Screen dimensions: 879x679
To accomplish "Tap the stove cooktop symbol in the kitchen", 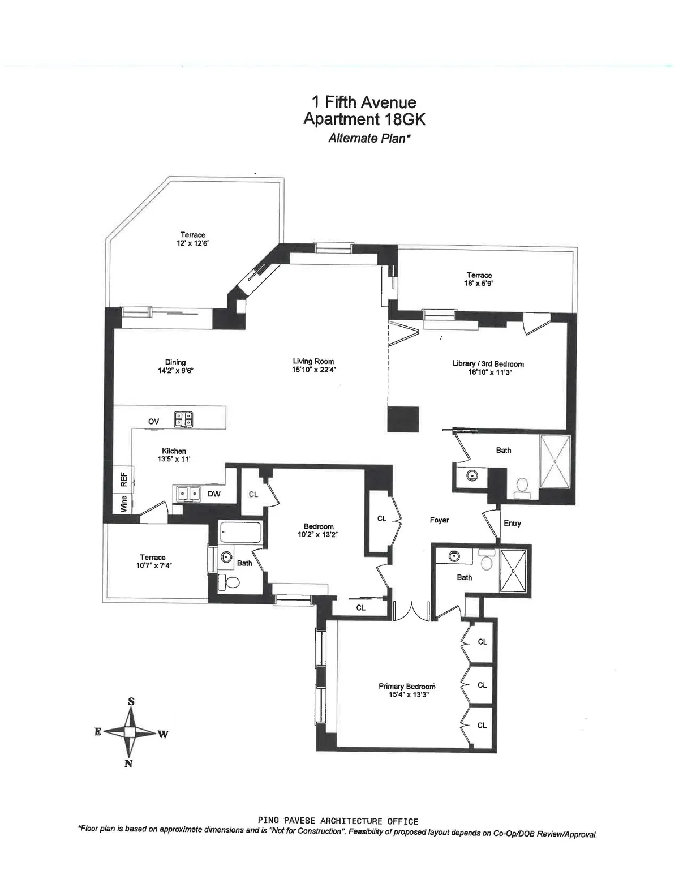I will [x=184, y=419].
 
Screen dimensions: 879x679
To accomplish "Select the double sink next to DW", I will [x=187, y=494].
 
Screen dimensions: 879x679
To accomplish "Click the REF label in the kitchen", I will [x=123, y=479].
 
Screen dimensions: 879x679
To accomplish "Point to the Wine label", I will [x=124, y=504].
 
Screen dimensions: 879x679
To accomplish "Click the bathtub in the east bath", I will [x=240, y=533].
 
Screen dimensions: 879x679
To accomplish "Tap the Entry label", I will [x=512, y=523].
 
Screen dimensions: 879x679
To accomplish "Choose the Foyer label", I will [x=439, y=520].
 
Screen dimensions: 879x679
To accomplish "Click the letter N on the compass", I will [x=128, y=764].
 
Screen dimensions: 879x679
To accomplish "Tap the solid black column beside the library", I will [x=403, y=419].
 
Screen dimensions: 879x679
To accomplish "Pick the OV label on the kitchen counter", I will [x=153, y=421].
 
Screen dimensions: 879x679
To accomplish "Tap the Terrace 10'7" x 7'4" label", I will [x=153, y=561].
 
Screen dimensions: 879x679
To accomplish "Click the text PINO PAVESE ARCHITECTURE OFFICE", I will [x=338, y=821].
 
